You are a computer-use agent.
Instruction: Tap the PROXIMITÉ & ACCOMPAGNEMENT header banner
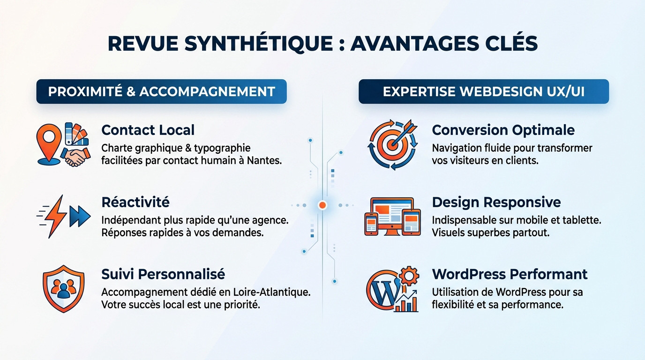(x=161, y=91)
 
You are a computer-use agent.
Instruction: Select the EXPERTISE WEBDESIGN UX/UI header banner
(x=483, y=91)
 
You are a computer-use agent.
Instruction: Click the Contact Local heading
(x=148, y=130)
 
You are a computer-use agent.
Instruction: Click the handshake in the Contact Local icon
(x=74, y=157)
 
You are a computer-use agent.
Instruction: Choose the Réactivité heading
(x=135, y=202)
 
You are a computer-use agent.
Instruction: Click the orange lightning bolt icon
(x=55, y=215)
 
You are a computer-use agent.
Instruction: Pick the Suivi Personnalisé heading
(x=163, y=274)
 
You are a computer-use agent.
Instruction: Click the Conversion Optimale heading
(x=503, y=130)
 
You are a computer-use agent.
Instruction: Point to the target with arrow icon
(x=391, y=145)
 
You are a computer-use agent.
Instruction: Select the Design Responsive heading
(x=496, y=202)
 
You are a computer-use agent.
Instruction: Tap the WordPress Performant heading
(x=510, y=274)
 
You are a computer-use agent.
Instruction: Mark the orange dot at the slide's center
(x=322, y=205)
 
